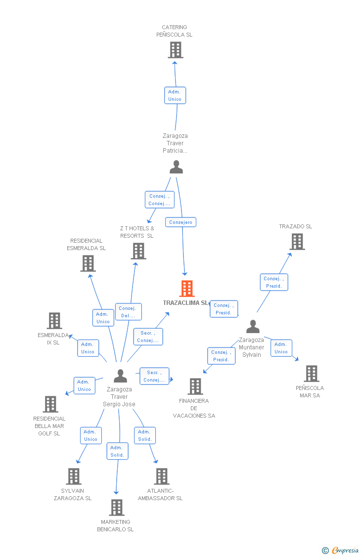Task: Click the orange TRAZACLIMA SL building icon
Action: coord(186,289)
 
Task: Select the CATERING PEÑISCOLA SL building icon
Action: coord(175,50)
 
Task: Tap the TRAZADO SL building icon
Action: coord(297,242)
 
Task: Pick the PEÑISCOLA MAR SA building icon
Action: coord(311,374)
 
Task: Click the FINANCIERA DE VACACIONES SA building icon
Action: coord(195,386)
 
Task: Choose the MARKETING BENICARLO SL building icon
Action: coord(116,508)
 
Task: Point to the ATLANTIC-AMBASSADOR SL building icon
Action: coord(161,476)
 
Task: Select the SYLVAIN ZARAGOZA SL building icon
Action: coord(73,476)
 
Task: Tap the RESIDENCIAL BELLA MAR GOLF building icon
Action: coord(50,404)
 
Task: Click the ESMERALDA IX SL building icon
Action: coord(54,321)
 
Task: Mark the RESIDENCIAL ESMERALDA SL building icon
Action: coord(88,263)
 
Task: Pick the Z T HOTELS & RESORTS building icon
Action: coord(138,251)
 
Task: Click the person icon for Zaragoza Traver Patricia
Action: coord(176,167)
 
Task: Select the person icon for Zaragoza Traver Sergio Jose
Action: coord(120,376)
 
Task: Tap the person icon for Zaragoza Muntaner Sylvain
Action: coord(253,327)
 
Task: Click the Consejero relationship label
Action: coord(180,222)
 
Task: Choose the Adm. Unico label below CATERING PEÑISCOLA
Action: coord(175,95)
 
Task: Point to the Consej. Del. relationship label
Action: coord(128,312)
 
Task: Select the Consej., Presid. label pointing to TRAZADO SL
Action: coord(273,282)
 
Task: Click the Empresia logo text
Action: coord(345,551)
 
